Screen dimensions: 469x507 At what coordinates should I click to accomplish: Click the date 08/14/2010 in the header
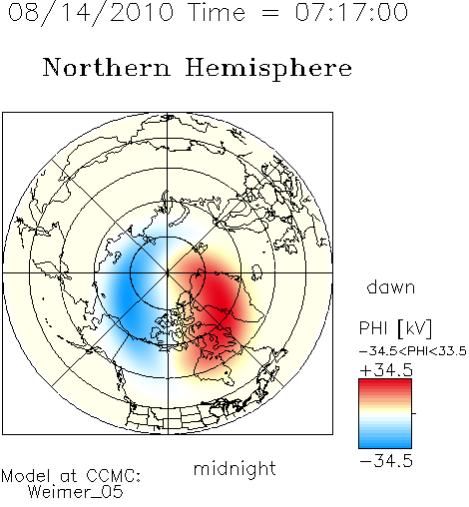[91, 13]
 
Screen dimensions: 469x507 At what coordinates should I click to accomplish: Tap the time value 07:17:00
[351, 13]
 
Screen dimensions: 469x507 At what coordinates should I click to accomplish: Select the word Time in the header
[217, 13]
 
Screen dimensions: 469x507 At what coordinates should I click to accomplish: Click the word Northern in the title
[107, 67]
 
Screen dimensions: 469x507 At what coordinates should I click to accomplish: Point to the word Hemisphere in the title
[268, 69]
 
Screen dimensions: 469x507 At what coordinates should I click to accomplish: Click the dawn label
[391, 287]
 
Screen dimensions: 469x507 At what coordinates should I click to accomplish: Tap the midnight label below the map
[234, 469]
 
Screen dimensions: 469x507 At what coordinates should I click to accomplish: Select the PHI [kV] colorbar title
[395, 328]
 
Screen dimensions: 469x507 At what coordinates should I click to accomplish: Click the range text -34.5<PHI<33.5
[413, 351]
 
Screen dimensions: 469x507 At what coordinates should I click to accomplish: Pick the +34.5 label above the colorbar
[386, 370]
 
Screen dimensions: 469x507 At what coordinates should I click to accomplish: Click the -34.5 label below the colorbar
[386, 461]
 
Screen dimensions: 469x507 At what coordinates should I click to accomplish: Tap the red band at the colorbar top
[385, 384]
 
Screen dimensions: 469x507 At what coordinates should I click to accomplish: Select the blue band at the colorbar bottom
[385, 442]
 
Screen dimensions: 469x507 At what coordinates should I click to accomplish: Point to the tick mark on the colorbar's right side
[414, 413]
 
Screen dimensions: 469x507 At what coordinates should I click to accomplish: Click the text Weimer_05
[75, 492]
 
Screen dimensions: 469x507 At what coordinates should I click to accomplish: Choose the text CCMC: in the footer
[114, 476]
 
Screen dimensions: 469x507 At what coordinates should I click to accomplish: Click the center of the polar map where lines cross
[168, 272]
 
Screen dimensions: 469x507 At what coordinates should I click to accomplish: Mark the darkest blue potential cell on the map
[125, 292]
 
